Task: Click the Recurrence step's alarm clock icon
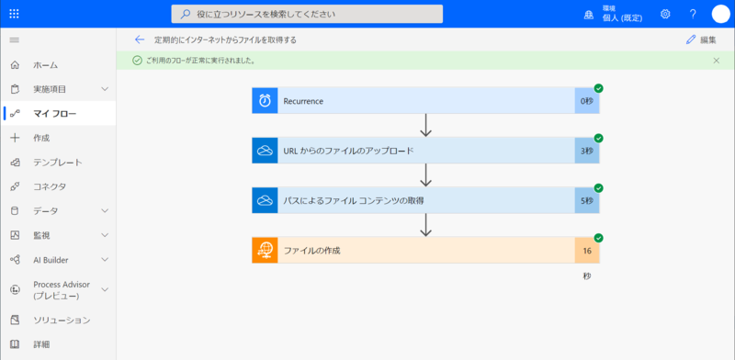[x=265, y=101]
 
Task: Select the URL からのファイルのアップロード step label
[x=348, y=151]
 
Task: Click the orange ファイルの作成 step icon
[x=265, y=250]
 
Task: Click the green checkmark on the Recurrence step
[x=598, y=88]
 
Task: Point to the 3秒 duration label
[x=586, y=151]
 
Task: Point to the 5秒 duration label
[x=586, y=200]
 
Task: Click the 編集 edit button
[x=701, y=39]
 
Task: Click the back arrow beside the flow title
[x=140, y=39]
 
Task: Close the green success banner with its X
[x=717, y=61]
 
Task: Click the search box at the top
[x=307, y=14]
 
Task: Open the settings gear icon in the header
[x=665, y=14]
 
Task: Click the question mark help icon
[x=693, y=14]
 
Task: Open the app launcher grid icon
[x=14, y=14]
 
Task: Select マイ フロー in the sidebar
[x=55, y=113]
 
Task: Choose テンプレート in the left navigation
[x=58, y=163]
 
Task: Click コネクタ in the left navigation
[x=50, y=186]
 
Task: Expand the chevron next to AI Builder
[x=105, y=260]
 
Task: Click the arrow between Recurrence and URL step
[x=425, y=125]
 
